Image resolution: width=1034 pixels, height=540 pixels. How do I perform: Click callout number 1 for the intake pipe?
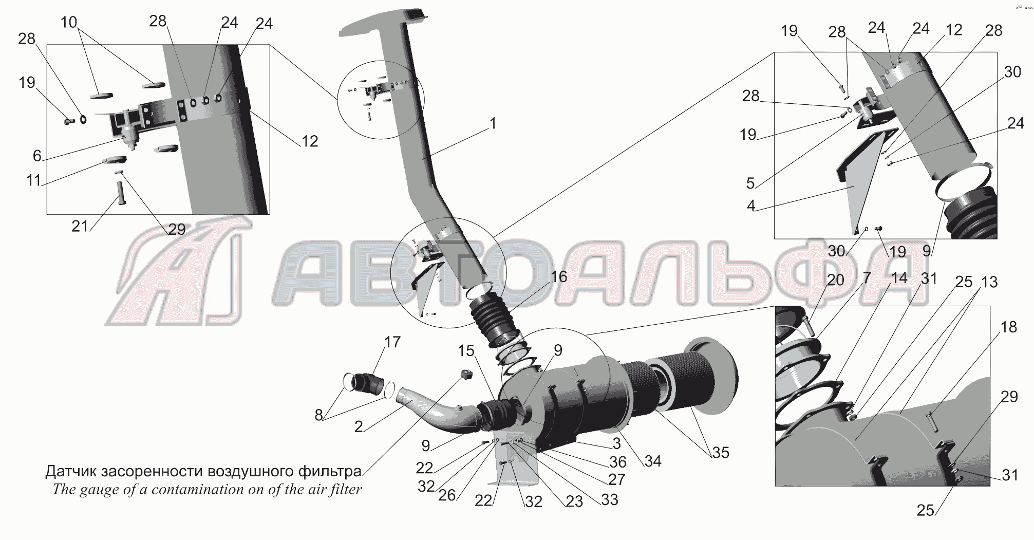pos(493,124)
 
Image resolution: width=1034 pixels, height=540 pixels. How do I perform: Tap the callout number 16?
pos(558,277)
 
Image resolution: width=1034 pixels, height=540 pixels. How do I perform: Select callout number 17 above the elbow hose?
pos(392,342)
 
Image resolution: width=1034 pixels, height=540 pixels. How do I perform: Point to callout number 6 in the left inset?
pos(37,156)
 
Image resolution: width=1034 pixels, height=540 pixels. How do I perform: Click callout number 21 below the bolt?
pos(80,226)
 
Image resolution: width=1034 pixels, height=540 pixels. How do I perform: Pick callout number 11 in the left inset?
pos(33,181)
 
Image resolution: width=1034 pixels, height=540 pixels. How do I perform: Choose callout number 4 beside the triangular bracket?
pos(751,206)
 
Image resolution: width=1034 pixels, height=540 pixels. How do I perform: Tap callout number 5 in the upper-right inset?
pos(750,183)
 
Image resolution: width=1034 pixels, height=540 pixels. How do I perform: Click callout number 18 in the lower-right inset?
pos(1009,327)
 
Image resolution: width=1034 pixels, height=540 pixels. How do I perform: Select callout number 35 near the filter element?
pos(720,453)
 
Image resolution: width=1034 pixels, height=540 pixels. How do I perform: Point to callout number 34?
pos(652,461)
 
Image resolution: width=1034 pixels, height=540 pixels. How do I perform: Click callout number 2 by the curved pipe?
pos(359,426)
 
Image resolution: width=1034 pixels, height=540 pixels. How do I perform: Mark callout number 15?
pos(466,351)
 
